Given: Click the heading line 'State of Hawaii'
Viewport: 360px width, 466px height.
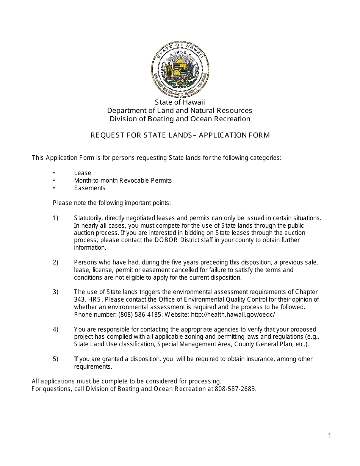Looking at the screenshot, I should pyautogui.click(x=180, y=102).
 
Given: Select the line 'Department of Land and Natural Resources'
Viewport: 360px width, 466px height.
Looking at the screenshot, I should pyautogui.click(x=180, y=111).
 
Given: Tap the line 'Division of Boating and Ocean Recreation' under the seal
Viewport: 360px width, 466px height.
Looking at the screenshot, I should pyautogui.click(x=180, y=119).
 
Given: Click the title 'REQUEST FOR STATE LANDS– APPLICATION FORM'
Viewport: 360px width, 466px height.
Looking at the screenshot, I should pyautogui.click(x=180, y=135).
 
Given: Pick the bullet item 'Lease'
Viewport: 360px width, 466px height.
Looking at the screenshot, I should pyautogui.click(x=83, y=173).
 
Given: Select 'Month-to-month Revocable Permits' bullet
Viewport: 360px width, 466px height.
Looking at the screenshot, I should pyautogui.click(x=123, y=180).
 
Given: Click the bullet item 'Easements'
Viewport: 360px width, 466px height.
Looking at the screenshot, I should pyautogui.click(x=90, y=188).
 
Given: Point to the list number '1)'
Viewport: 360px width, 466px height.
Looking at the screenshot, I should pyautogui.click(x=56, y=218).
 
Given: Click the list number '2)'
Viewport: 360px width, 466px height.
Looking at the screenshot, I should pyautogui.click(x=56, y=262).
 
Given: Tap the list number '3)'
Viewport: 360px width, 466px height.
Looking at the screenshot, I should pyautogui.click(x=56, y=292).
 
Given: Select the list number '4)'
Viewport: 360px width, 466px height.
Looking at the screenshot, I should pyautogui.click(x=56, y=329).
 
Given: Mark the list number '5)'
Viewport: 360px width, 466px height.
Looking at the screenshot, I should pyautogui.click(x=56, y=359).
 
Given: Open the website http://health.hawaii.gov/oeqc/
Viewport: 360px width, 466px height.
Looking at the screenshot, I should pyautogui.click(x=233, y=314).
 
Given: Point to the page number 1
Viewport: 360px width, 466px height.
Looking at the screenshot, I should pyautogui.click(x=329, y=436).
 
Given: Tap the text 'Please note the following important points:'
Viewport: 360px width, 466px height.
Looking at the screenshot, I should pyautogui.click(x=112, y=203).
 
